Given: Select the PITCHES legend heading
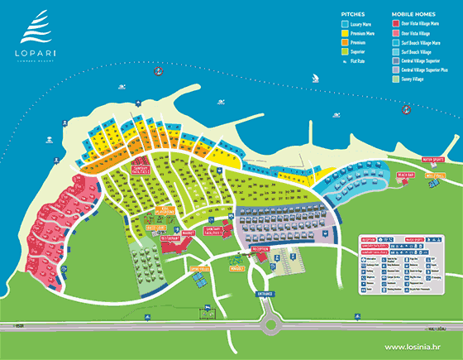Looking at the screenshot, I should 353,14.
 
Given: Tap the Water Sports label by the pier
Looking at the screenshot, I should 433,160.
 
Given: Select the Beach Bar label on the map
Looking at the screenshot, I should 405,175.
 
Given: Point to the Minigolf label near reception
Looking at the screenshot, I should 239,268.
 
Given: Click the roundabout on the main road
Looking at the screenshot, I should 269,324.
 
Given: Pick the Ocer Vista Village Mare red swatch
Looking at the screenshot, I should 395,25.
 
